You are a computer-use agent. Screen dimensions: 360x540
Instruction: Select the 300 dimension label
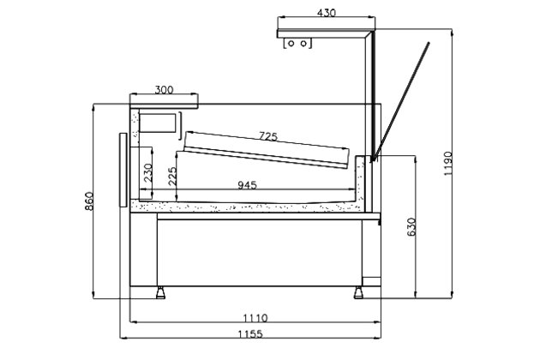coord(165,89)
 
